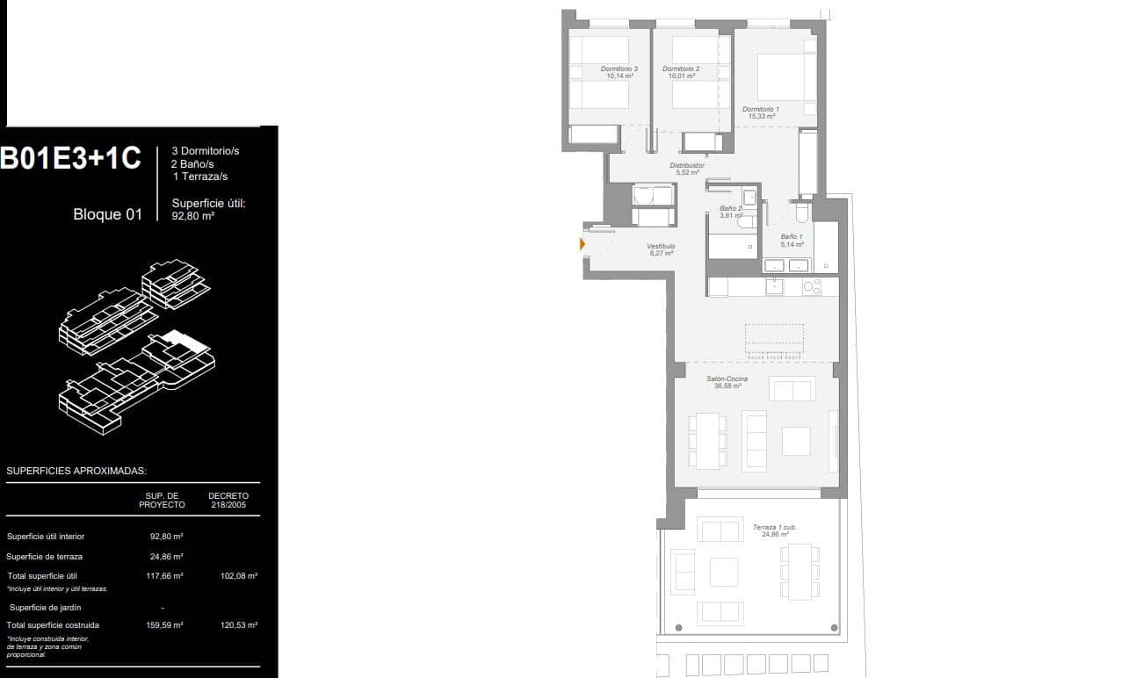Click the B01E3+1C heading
70,158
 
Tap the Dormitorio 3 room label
619,72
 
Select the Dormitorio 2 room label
681,72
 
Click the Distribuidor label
687,168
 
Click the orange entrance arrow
582,243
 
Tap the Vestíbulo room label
661,249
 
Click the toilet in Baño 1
801,213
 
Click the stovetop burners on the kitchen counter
811,286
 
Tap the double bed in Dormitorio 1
785,76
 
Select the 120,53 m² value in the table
239,625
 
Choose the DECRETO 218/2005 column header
228,500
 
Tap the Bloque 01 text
107,214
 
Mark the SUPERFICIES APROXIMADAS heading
76,472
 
